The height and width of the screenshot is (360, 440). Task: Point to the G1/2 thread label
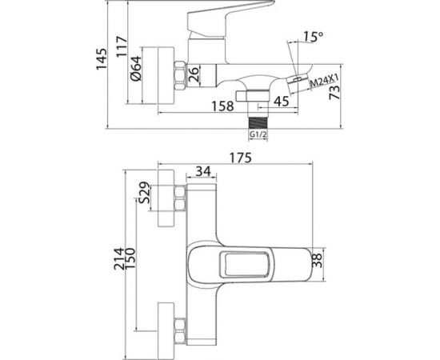(x=257, y=136)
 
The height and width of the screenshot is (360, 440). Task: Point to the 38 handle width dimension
(x=316, y=258)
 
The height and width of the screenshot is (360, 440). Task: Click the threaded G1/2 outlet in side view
(x=257, y=119)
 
